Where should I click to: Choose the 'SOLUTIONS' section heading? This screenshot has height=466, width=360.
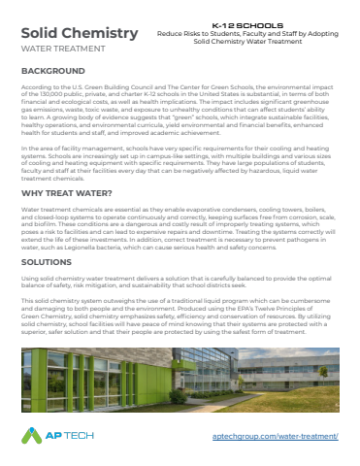pyautogui.click(x=48, y=263)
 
